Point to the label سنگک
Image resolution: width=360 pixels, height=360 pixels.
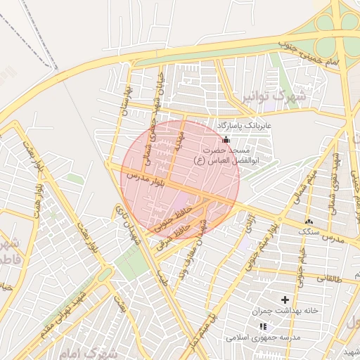click(308, 231)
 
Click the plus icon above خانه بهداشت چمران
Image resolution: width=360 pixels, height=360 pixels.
click(285, 300)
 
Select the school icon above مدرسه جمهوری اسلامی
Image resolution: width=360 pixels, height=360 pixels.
click(263, 327)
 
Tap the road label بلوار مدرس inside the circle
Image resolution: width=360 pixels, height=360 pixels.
click(144, 178)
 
